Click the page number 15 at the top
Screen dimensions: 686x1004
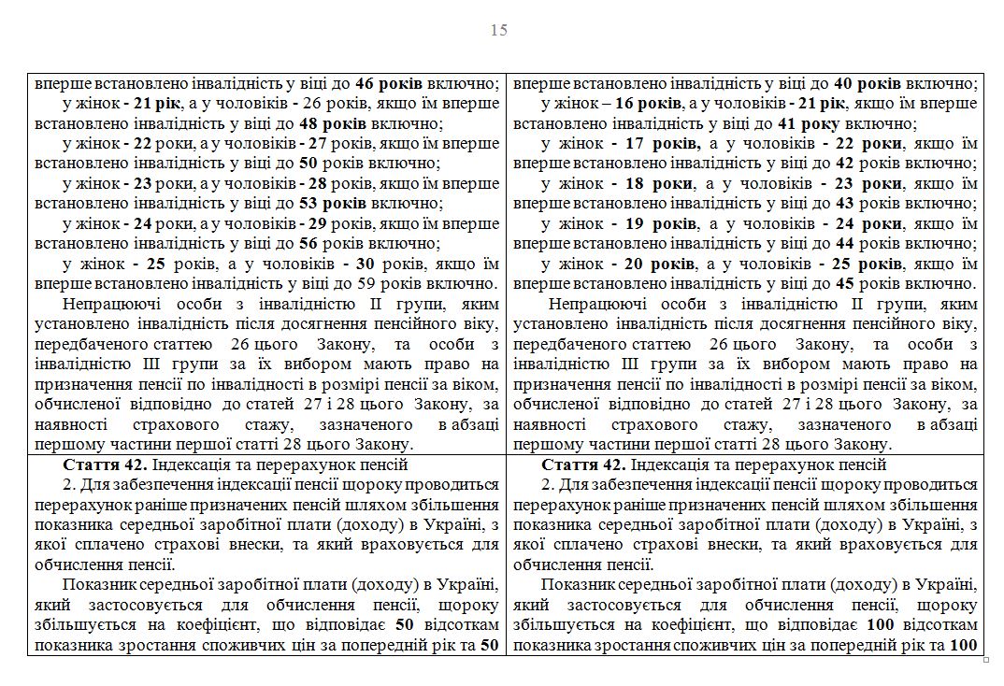point(499,30)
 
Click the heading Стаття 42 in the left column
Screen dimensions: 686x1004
point(100,464)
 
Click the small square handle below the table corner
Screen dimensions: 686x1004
point(986,660)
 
